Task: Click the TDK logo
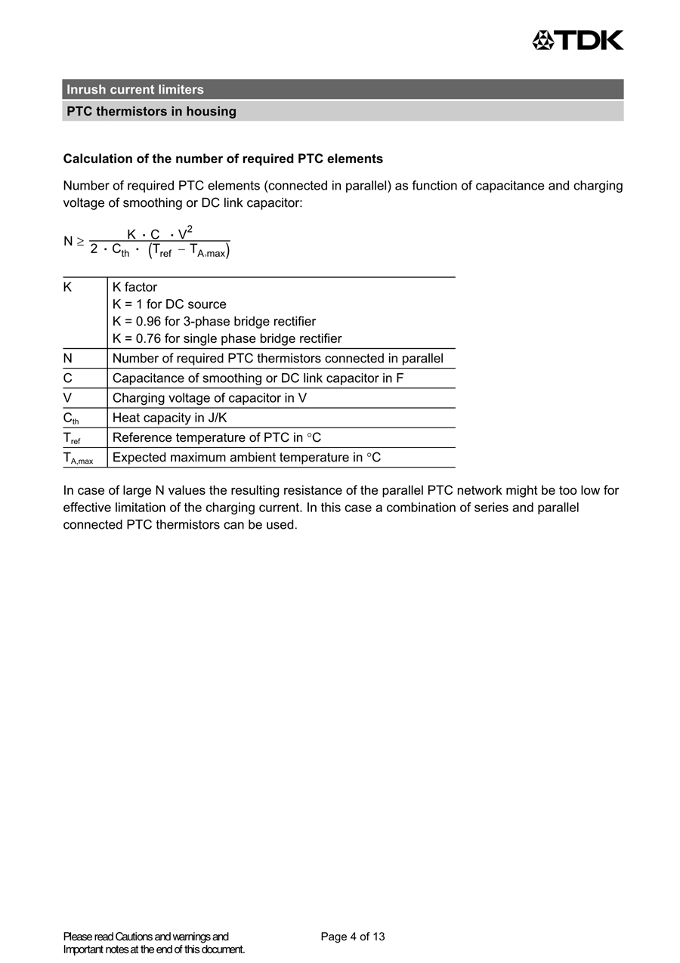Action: click(578, 40)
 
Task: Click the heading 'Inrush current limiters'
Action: click(135, 90)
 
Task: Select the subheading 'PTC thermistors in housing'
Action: click(151, 112)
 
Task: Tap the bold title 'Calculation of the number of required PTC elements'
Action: click(223, 159)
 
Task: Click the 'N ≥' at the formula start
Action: click(73, 242)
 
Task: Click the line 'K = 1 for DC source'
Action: click(169, 304)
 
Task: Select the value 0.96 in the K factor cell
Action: click(148, 322)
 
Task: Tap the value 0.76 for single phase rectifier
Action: click(148, 339)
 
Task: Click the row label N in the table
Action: click(68, 359)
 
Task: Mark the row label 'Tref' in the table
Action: click(72, 438)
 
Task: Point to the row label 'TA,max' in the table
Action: click(78, 458)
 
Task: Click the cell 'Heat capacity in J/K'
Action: click(169, 418)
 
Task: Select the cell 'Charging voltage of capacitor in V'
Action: click(209, 398)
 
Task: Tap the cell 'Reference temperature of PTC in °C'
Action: click(217, 437)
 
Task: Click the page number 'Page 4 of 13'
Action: click(353, 937)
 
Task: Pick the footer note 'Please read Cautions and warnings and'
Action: click(146, 937)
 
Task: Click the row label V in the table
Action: click(68, 398)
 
